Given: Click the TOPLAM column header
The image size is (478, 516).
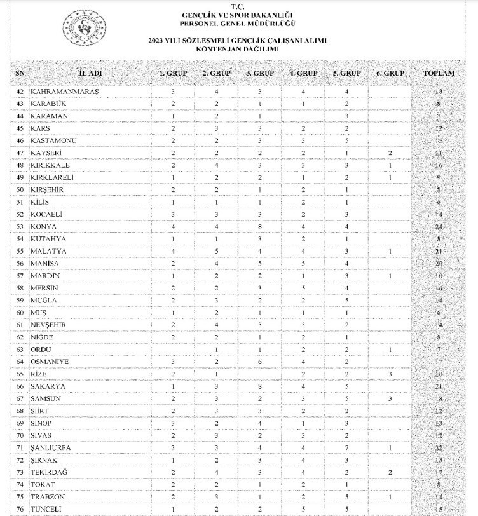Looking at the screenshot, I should pos(439,73).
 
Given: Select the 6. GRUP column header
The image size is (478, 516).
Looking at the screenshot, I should pos(390,73).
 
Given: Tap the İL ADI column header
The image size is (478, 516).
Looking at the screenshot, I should pos(90,73).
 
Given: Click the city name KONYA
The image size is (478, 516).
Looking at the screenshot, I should pos(43,226).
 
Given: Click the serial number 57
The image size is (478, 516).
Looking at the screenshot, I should pos(20,276).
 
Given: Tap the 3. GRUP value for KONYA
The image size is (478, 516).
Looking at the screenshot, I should pos(259,226).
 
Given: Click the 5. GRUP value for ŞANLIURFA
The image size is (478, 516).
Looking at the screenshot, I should pos(346,447).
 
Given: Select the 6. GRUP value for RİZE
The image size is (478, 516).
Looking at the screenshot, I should pos(390,374).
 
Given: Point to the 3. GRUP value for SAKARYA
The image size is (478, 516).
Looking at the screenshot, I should pos(259,386).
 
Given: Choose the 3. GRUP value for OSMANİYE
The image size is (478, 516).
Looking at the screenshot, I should pos(259,362).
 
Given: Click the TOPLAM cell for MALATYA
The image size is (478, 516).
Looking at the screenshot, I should pos(439,251).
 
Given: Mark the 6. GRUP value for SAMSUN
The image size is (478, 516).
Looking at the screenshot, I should pos(390,398).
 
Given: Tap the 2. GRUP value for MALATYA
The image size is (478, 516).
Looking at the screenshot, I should pos(216,251).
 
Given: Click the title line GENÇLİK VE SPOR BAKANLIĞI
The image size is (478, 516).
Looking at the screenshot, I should pos(237,15).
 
